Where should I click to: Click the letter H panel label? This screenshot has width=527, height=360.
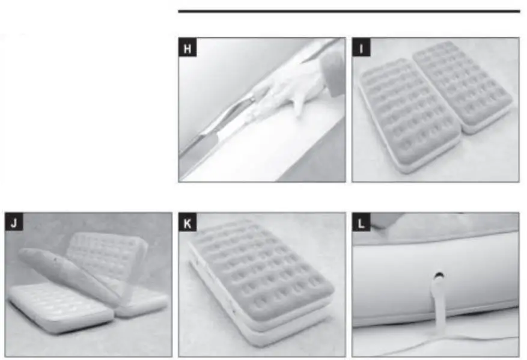tap(187, 48)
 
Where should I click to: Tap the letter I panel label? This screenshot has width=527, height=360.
tap(361, 48)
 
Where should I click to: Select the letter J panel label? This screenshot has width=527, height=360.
tap(14, 223)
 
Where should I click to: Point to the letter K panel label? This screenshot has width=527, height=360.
tap(187, 223)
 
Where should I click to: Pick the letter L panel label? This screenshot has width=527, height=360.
tap(361, 223)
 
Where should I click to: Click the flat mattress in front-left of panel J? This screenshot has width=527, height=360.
tap(57, 307)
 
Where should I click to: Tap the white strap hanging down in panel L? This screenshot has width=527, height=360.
tap(431, 307)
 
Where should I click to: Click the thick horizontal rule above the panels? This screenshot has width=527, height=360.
tap(349, 11)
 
